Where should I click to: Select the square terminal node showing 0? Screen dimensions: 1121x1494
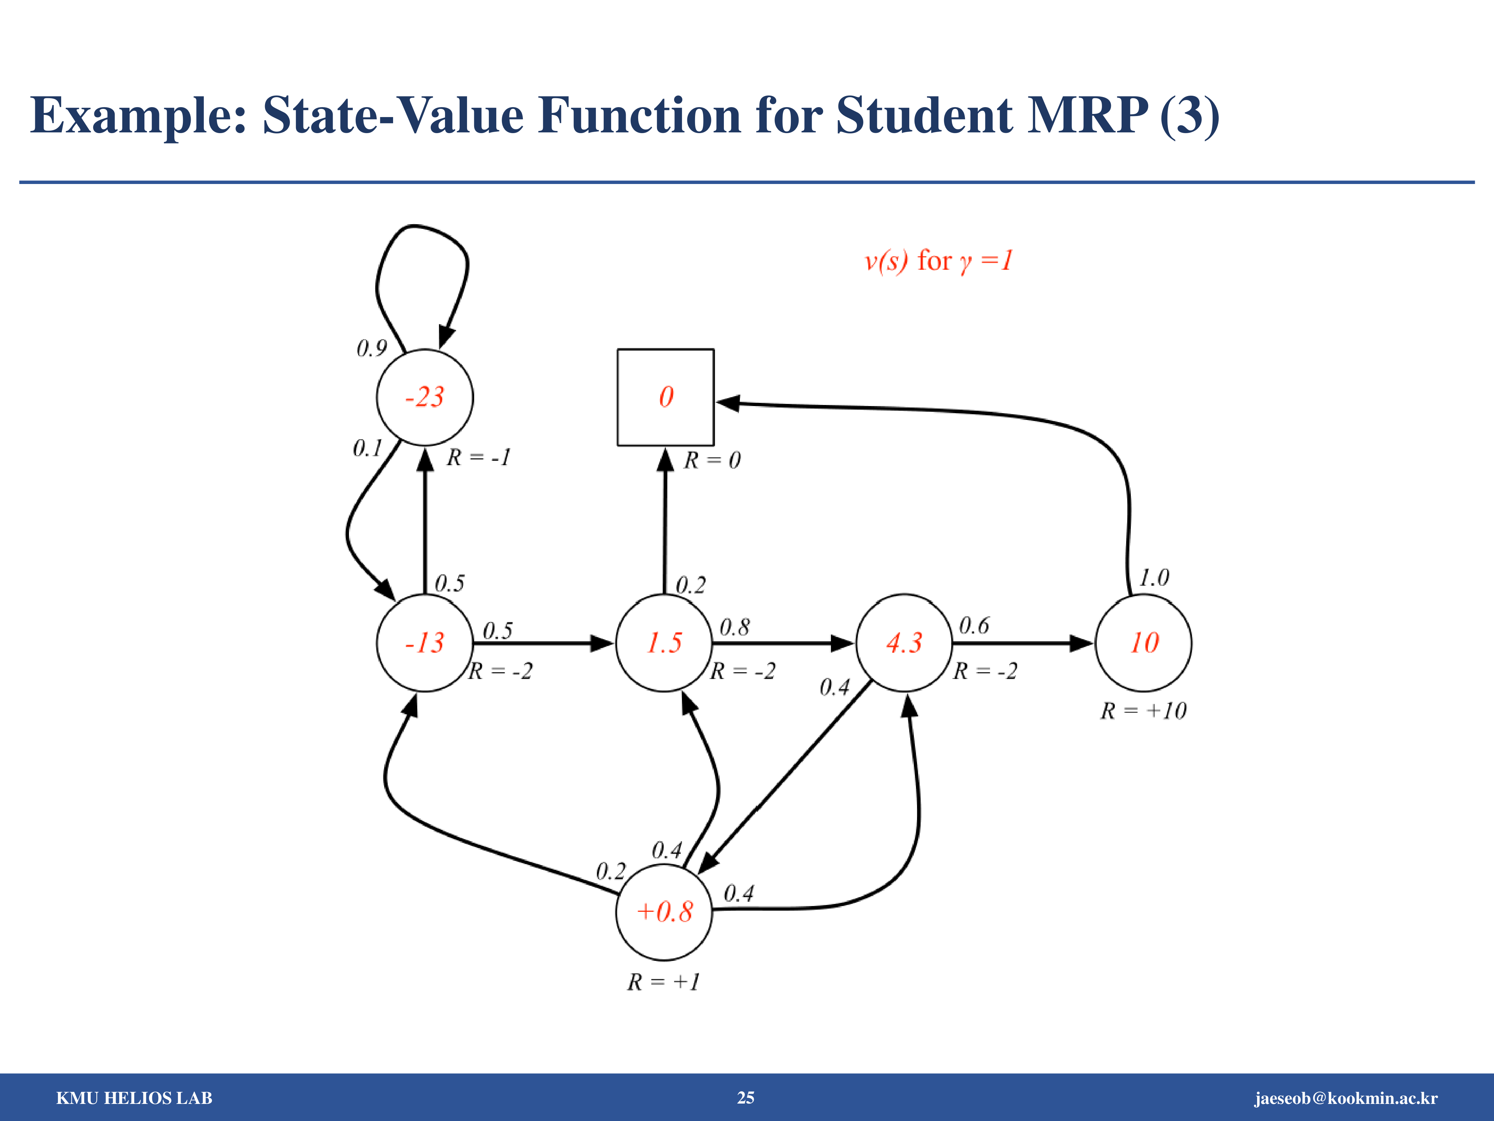pyautogui.click(x=665, y=397)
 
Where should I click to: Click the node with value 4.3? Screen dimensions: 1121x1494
pyautogui.click(x=904, y=643)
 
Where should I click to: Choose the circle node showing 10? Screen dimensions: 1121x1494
pyautogui.click(x=1144, y=643)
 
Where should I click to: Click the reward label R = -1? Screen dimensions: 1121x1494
pyautogui.click(x=478, y=457)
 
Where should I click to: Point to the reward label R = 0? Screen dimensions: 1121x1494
pyautogui.click(x=712, y=460)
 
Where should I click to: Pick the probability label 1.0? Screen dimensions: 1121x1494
pyautogui.click(x=1154, y=578)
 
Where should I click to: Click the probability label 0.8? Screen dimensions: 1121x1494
pyautogui.click(x=734, y=627)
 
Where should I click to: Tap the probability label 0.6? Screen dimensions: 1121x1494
pyautogui.click(x=974, y=626)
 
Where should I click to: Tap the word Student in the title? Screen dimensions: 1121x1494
pyautogui.click(x=924, y=115)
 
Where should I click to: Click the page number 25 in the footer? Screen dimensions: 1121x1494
pyautogui.click(x=746, y=1098)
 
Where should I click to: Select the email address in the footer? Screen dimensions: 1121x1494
pyautogui.click(x=1346, y=1098)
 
